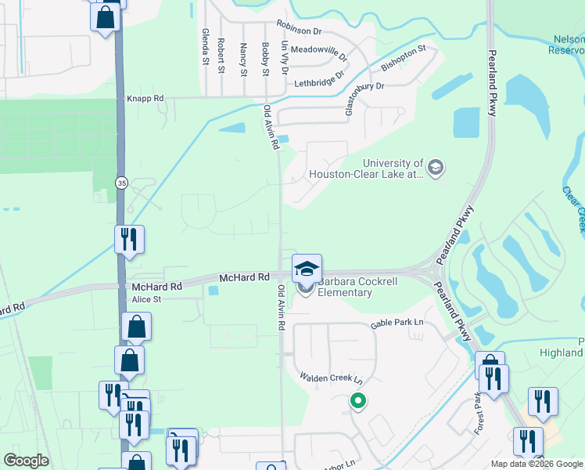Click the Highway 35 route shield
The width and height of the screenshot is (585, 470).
pyautogui.click(x=121, y=183)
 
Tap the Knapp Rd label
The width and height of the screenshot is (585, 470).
pyautogui.click(x=145, y=99)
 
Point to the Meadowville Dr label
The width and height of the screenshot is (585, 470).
pyautogui.click(x=318, y=49)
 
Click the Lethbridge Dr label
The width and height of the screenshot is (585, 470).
pyautogui.click(x=319, y=81)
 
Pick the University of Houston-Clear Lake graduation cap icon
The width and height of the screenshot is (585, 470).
pyautogui.click(x=436, y=167)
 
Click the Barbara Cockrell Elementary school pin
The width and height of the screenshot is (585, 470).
pyautogui.click(x=307, y=269)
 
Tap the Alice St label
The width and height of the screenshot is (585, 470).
pyautogui.click(x=146, y=299)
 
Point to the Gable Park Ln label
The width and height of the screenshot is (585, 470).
pyautogui.click(x=397, y=323)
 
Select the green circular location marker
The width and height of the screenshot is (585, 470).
pyautogui.click(x=358, y=402)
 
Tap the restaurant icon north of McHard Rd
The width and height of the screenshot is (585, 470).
pyautogui.click(x=129, y=238)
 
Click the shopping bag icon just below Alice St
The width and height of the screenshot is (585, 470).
pyautogui.click(x=136, y=327)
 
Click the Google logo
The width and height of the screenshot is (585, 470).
pyautogui.click(x=27, y=461)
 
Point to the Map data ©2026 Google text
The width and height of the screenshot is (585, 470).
pyautogui.click(x=536, y=464)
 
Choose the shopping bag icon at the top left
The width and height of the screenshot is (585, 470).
pyautogui.click(x=106, y=16)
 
